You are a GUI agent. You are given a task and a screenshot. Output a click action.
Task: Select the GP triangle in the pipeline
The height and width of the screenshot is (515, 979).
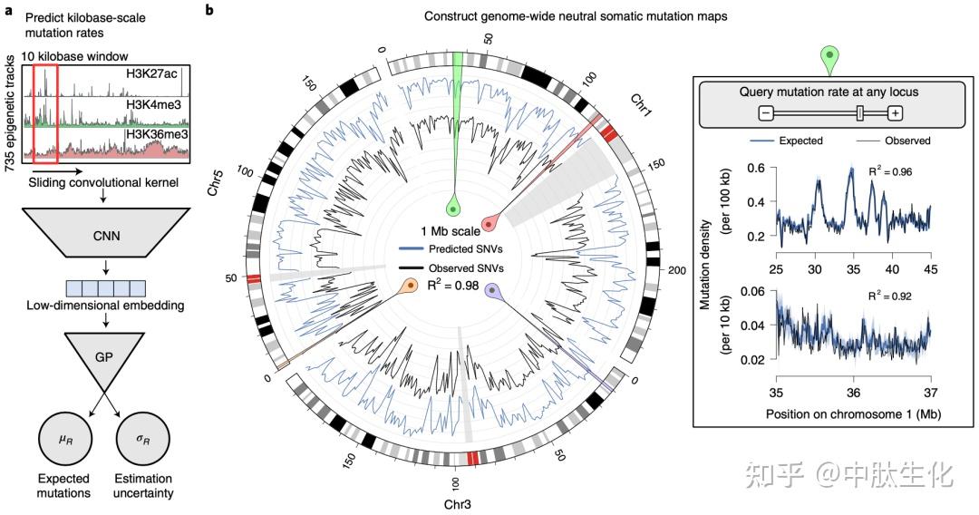click(x=106, y=355)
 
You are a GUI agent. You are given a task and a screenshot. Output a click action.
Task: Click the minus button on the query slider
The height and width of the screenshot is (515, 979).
click(x=766, y=112)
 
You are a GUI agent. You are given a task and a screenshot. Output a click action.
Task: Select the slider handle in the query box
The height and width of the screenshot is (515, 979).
click(x=859, y=112)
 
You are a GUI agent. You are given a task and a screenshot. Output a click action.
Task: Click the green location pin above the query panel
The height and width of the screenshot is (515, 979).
click(x=830, y=60)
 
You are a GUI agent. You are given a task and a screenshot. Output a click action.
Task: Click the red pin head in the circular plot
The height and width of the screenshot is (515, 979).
click(x=489, y=222)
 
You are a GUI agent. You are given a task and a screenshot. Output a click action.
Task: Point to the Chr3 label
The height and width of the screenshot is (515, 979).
click(x=460, y=502)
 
